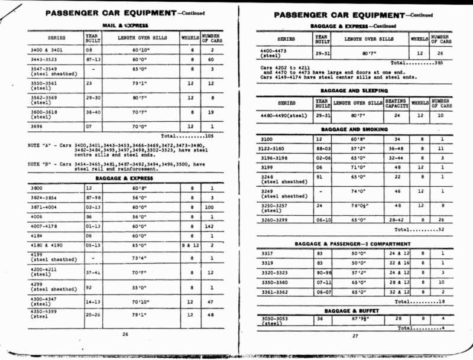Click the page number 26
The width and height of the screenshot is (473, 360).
(x=125, y=334)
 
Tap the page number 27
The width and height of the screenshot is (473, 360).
(x=355, y=336)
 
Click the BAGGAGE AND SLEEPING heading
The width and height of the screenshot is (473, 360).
(x=354, y=91)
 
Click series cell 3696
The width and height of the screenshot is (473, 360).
(x=37, y=126)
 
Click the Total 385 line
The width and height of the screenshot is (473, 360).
(x=422, y=63)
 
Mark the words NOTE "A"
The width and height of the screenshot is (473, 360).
(x=40, y=145)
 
